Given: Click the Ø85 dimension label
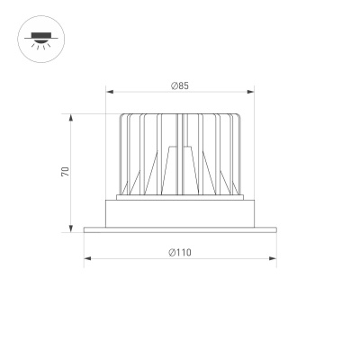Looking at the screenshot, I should [x=180, y=85].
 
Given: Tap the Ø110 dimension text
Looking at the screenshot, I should [x=180, y=253].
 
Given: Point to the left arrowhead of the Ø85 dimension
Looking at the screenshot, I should [x=110, y=91].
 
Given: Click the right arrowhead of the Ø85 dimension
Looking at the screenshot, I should [x=251, y=91].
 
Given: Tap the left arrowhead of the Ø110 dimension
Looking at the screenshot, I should [x=86, y=259].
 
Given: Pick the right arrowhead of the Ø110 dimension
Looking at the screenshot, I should [x=274, y=259].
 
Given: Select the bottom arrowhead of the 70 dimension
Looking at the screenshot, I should [x=71, y=229].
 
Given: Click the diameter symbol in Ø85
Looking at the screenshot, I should [x=173, y=85].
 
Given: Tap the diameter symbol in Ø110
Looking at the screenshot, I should [x=171, y=253].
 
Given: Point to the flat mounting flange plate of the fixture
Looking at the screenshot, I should [x=180, y=230].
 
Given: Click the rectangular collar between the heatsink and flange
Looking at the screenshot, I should [x=180, y=214].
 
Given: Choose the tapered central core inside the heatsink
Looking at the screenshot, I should [x=180, y=171].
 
